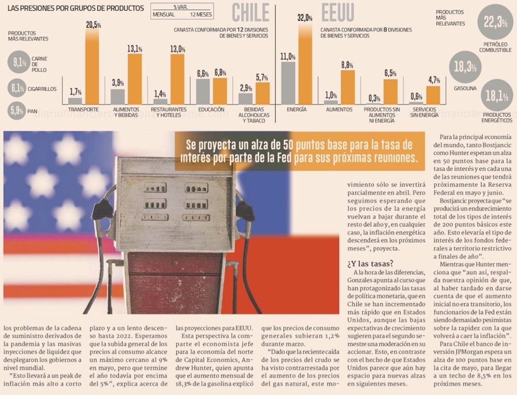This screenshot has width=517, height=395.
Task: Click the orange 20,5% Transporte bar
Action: pyautogui.click(x=92, y=70)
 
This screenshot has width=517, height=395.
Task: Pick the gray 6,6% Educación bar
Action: pyautogui.click(x=203, y=91)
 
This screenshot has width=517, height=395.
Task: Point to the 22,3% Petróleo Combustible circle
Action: pyautogui.click(x=495, y=22)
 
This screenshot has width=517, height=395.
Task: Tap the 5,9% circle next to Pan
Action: pyautogui.click(x=17, y=110)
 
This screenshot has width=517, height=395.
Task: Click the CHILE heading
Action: pyautogui.click(x=251, y=13)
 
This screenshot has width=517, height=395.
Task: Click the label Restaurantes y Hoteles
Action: pyautogui.click(x=169, y=113)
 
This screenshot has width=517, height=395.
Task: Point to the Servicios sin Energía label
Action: pyautogui.click(x=424, y=113)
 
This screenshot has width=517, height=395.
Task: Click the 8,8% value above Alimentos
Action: pyautogui.click(x=347, y=66)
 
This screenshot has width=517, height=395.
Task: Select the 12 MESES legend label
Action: pyautogui.click(x=201, y=14)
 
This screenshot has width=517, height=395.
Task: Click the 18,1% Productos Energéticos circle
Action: pyautogui.click(x=496, y=96)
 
